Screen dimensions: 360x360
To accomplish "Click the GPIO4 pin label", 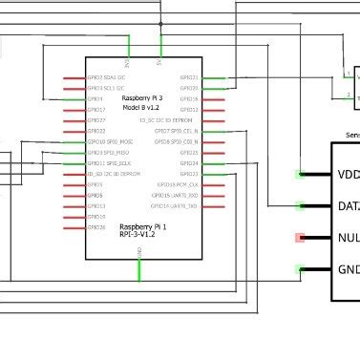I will point(95,98).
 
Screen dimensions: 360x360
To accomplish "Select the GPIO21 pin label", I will point(189,77).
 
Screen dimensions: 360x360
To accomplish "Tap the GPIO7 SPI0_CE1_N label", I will point(176,131).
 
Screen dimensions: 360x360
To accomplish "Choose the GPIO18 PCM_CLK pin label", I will point(176,184).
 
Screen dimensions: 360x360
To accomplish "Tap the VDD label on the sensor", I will point(349,174).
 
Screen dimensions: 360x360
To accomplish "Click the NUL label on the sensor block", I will point(349,238).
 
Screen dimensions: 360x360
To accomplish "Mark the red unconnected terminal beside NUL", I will point(300,238).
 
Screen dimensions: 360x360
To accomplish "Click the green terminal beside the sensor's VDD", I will point(300,174).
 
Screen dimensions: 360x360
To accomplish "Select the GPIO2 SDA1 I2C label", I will point(107,77).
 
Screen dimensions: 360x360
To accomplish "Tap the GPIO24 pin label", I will point(189,163).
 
